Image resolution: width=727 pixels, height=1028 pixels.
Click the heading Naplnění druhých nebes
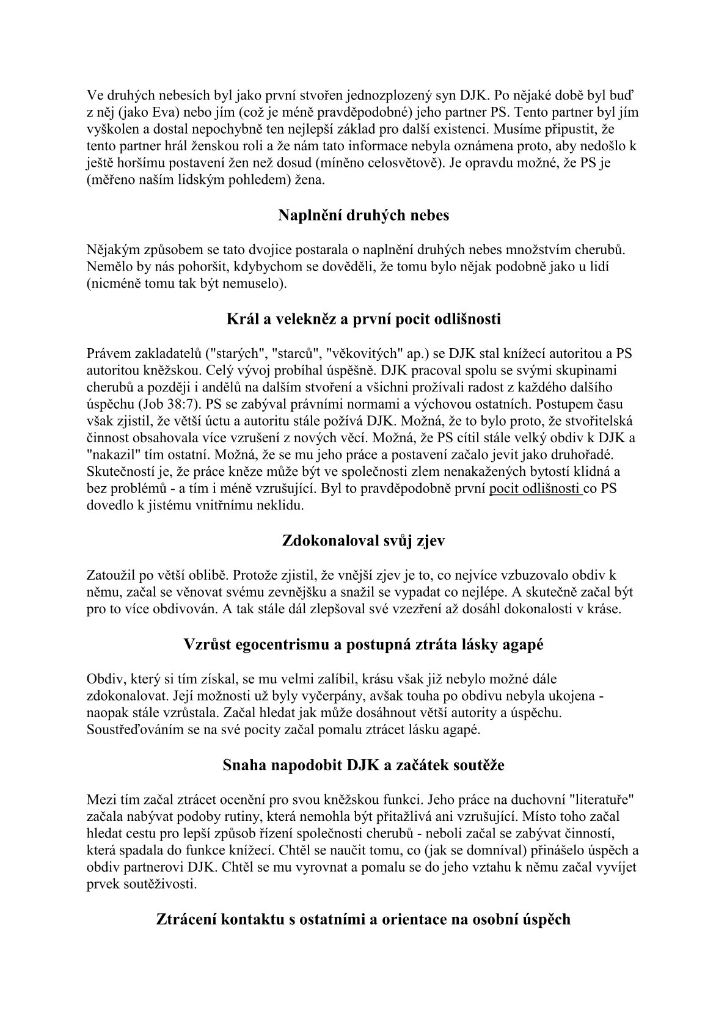tap(363, 215)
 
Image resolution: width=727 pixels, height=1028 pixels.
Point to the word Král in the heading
tap(241, 319)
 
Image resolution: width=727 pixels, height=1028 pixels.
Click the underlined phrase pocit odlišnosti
tap(535, 489)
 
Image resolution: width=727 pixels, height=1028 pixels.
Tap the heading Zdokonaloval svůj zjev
tap(363, 541)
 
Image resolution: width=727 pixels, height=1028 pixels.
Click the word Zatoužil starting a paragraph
tap(112, 576)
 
